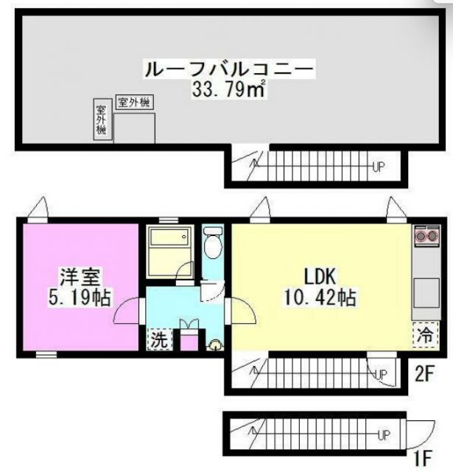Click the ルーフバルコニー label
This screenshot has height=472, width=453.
pos(229,71)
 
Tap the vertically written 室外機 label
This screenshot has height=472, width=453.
pos(101,119)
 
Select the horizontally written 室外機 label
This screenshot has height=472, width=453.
pos(135,103)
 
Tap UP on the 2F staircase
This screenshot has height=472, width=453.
pos(381,375)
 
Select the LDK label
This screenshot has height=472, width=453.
pos(320,277)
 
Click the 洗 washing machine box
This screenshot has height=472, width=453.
pos(158,340)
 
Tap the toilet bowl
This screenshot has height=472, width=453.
pos(212,245)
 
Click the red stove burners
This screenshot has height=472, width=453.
pos(424,237)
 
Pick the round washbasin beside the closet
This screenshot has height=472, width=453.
pos(215,343)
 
